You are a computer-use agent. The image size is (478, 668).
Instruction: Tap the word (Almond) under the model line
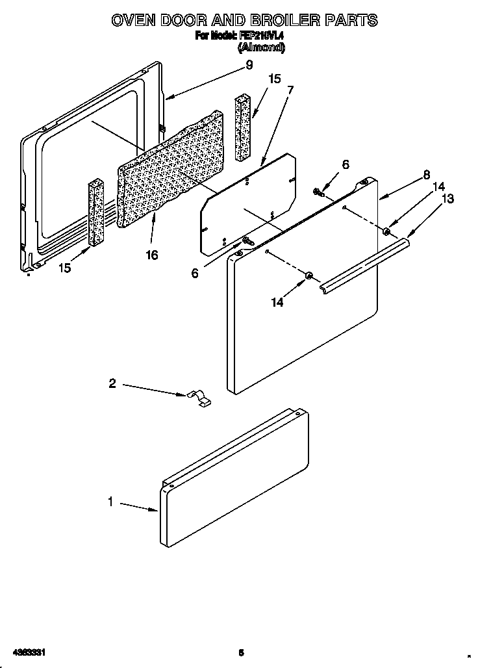tap(261, 47)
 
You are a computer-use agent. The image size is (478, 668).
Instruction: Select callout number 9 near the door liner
tap(249, 64)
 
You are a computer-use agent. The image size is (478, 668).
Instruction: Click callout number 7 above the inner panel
tap(290, 90)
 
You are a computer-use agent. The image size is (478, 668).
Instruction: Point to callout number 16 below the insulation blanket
tap(151, 255)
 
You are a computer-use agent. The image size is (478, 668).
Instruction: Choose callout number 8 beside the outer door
tap(427, 175)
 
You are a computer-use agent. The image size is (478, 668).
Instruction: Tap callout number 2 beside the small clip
tap(112, 384)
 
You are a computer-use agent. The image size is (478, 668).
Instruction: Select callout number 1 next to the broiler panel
tap(111, 502)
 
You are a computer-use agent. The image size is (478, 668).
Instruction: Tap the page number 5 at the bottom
tap(240, 652)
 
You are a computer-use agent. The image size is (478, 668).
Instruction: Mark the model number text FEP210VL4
tap(257, 37)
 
